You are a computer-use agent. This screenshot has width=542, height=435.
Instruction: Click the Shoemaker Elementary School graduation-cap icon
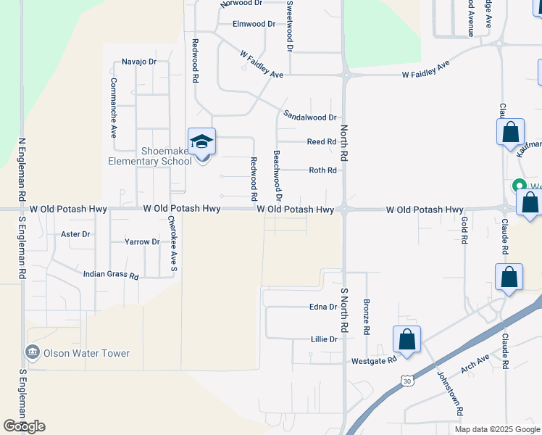tap(202, 141)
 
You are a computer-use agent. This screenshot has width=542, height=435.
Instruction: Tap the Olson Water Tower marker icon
tap(33, 353)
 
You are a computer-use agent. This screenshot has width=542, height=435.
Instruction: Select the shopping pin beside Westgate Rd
tap(406, 339)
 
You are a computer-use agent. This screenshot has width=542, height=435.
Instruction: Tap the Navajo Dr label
tap(139, 62)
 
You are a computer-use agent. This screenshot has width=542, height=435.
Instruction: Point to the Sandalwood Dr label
tap(310, 116)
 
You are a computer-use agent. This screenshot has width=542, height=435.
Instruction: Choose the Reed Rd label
tap(322, 142)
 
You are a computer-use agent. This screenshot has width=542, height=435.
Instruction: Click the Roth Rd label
tap(323, 170)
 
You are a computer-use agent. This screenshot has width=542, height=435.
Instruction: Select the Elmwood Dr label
tap(254, 24)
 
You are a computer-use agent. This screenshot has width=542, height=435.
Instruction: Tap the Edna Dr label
tap(324, 307)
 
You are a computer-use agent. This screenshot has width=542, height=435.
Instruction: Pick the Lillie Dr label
tap(324, 339)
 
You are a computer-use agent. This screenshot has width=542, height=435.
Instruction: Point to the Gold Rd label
tap(464, 228)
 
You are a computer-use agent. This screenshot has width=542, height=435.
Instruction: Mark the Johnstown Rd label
tap(449, 392)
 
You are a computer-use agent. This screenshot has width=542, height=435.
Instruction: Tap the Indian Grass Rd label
tap(111, 275)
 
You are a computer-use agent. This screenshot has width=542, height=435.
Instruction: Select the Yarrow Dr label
tap(142, 241)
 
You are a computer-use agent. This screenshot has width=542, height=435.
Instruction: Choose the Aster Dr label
tap(75, 234)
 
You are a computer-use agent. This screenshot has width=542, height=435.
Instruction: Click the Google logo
tap(24, 426)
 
